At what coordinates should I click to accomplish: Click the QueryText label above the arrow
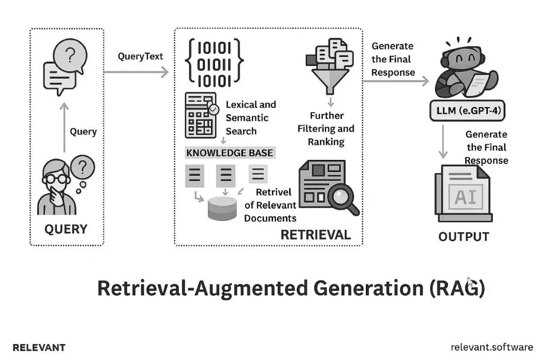[140, 56]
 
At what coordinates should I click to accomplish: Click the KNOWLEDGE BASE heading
[229, 153]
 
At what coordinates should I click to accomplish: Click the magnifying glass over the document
[342, 198]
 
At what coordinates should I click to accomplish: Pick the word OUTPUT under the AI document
[463, 236]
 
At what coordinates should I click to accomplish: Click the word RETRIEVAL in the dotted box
[315, 234]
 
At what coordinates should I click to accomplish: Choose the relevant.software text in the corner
[491, 347]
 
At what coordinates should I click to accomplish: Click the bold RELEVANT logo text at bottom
[39, 347]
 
